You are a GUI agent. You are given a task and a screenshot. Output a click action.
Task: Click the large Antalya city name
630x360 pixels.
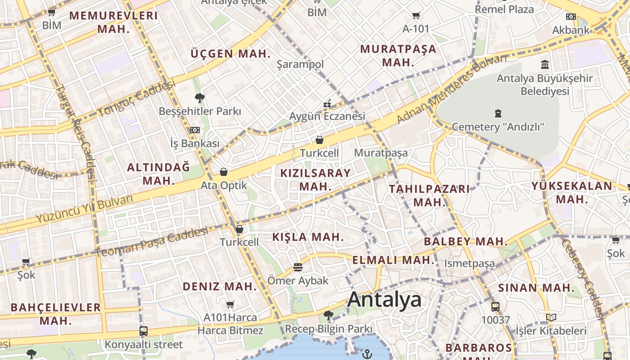pos(384,300)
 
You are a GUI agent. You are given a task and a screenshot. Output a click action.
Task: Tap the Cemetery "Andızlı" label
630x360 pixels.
pos(498,127)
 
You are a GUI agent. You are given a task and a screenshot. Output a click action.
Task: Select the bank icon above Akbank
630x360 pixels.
pos(571,17)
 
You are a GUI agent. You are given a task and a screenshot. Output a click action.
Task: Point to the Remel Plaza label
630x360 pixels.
pos(504,9)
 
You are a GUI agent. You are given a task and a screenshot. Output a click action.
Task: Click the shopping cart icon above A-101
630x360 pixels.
pos(416,16)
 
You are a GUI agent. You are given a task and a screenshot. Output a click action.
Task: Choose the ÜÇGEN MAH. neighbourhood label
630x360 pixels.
pos(231,54)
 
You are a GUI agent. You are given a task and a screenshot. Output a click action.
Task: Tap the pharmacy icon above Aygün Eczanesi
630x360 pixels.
pos(327,104)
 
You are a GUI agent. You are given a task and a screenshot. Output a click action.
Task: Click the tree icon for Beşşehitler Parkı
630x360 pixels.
pos(199,98)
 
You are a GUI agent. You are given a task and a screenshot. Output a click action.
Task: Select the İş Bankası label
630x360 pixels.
pos(195,144)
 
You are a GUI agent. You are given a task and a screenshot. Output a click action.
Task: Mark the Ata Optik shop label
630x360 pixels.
pos(224,185)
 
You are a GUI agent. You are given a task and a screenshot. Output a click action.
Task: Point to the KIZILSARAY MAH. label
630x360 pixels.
pos(315,180)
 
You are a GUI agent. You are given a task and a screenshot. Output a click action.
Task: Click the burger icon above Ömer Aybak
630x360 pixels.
pos(297,267)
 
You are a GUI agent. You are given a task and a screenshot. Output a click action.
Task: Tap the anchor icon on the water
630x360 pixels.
pos(367,354)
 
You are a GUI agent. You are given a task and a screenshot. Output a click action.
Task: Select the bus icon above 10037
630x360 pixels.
pos(495,307)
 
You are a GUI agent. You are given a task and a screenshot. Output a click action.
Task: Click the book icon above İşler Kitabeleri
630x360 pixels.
pos(551,318)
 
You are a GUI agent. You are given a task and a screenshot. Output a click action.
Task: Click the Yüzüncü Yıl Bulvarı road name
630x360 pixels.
pos(85,209)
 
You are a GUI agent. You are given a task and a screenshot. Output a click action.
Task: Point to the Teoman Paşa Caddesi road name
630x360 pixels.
pos(152,243)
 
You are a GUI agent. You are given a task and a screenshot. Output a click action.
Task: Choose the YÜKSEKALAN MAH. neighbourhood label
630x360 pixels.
pos(571,192)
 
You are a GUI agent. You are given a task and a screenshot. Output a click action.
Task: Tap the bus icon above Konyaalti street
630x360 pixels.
pos(144,331)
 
